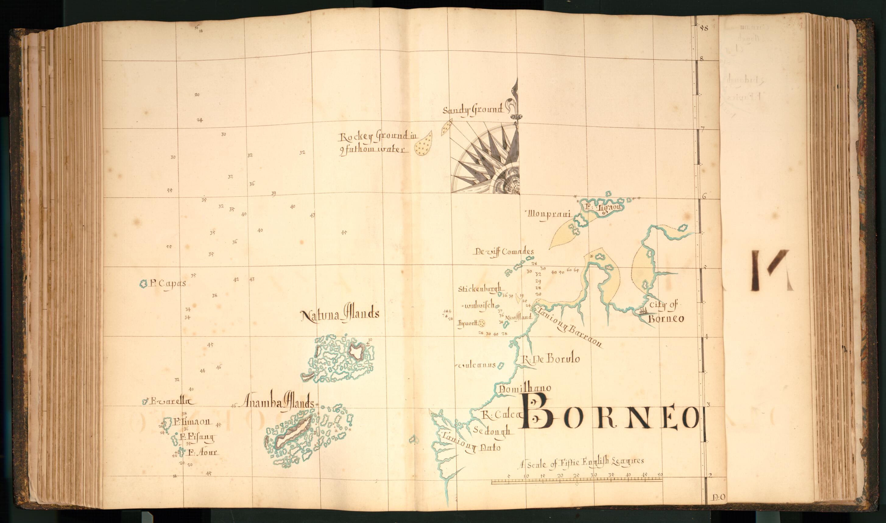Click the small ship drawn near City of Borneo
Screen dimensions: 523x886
[x=643, y=311]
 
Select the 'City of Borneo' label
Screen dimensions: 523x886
[x=665, y=311]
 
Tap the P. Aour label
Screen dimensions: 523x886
[x=202, y=452]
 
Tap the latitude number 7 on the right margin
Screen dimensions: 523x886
[x=702, y=129]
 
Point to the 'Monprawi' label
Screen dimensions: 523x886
[x=549, y=215]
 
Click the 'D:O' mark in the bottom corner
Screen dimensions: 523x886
[x=718, y=497]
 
